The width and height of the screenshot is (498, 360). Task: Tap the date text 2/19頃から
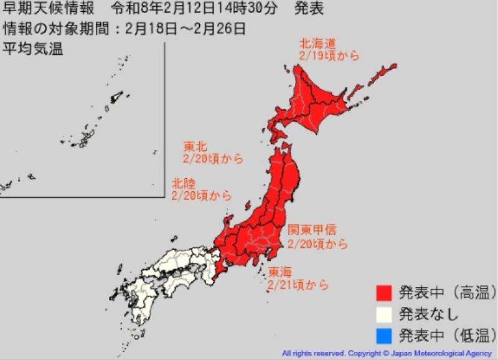pos(329,56)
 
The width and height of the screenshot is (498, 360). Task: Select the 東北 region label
pos(195,146)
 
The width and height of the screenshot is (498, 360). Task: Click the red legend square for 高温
pos(384,292)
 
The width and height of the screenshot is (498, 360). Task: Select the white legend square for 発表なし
pos(384,315)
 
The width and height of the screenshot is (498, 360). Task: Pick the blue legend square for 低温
pos(384,336)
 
